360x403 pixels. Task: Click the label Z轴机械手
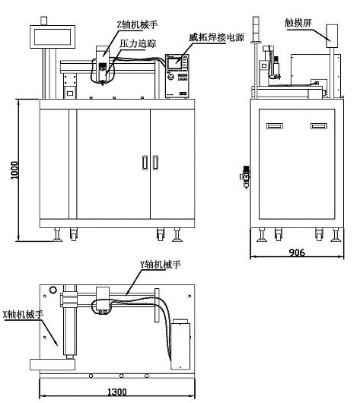tap(137, 24)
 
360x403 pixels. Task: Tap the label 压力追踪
tap(138, 43)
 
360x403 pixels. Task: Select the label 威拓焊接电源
tap(216, 37)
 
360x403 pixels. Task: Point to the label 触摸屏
tap(298, 23)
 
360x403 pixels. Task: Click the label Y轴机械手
tap(161, 265)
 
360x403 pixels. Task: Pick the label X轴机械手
tap(23, 314)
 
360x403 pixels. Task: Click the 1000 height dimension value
tap(14, 170)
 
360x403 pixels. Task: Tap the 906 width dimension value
tap(297, 252)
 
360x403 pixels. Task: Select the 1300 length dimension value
tap(116, 392)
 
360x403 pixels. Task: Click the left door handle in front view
tap(145, 163)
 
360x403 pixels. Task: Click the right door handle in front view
tap(155, 163)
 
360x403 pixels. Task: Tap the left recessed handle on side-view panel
tap(275, 126)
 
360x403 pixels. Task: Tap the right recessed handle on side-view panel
tap(319, 126)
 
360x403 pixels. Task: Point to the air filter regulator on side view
tap(246, 176)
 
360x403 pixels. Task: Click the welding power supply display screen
tap(174, 63)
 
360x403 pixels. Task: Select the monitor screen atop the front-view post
tap(53, 36)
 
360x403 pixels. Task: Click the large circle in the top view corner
tap(53, 290)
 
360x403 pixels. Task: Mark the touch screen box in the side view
tap(332, 36)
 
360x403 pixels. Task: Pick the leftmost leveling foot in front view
tap(57, 235)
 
